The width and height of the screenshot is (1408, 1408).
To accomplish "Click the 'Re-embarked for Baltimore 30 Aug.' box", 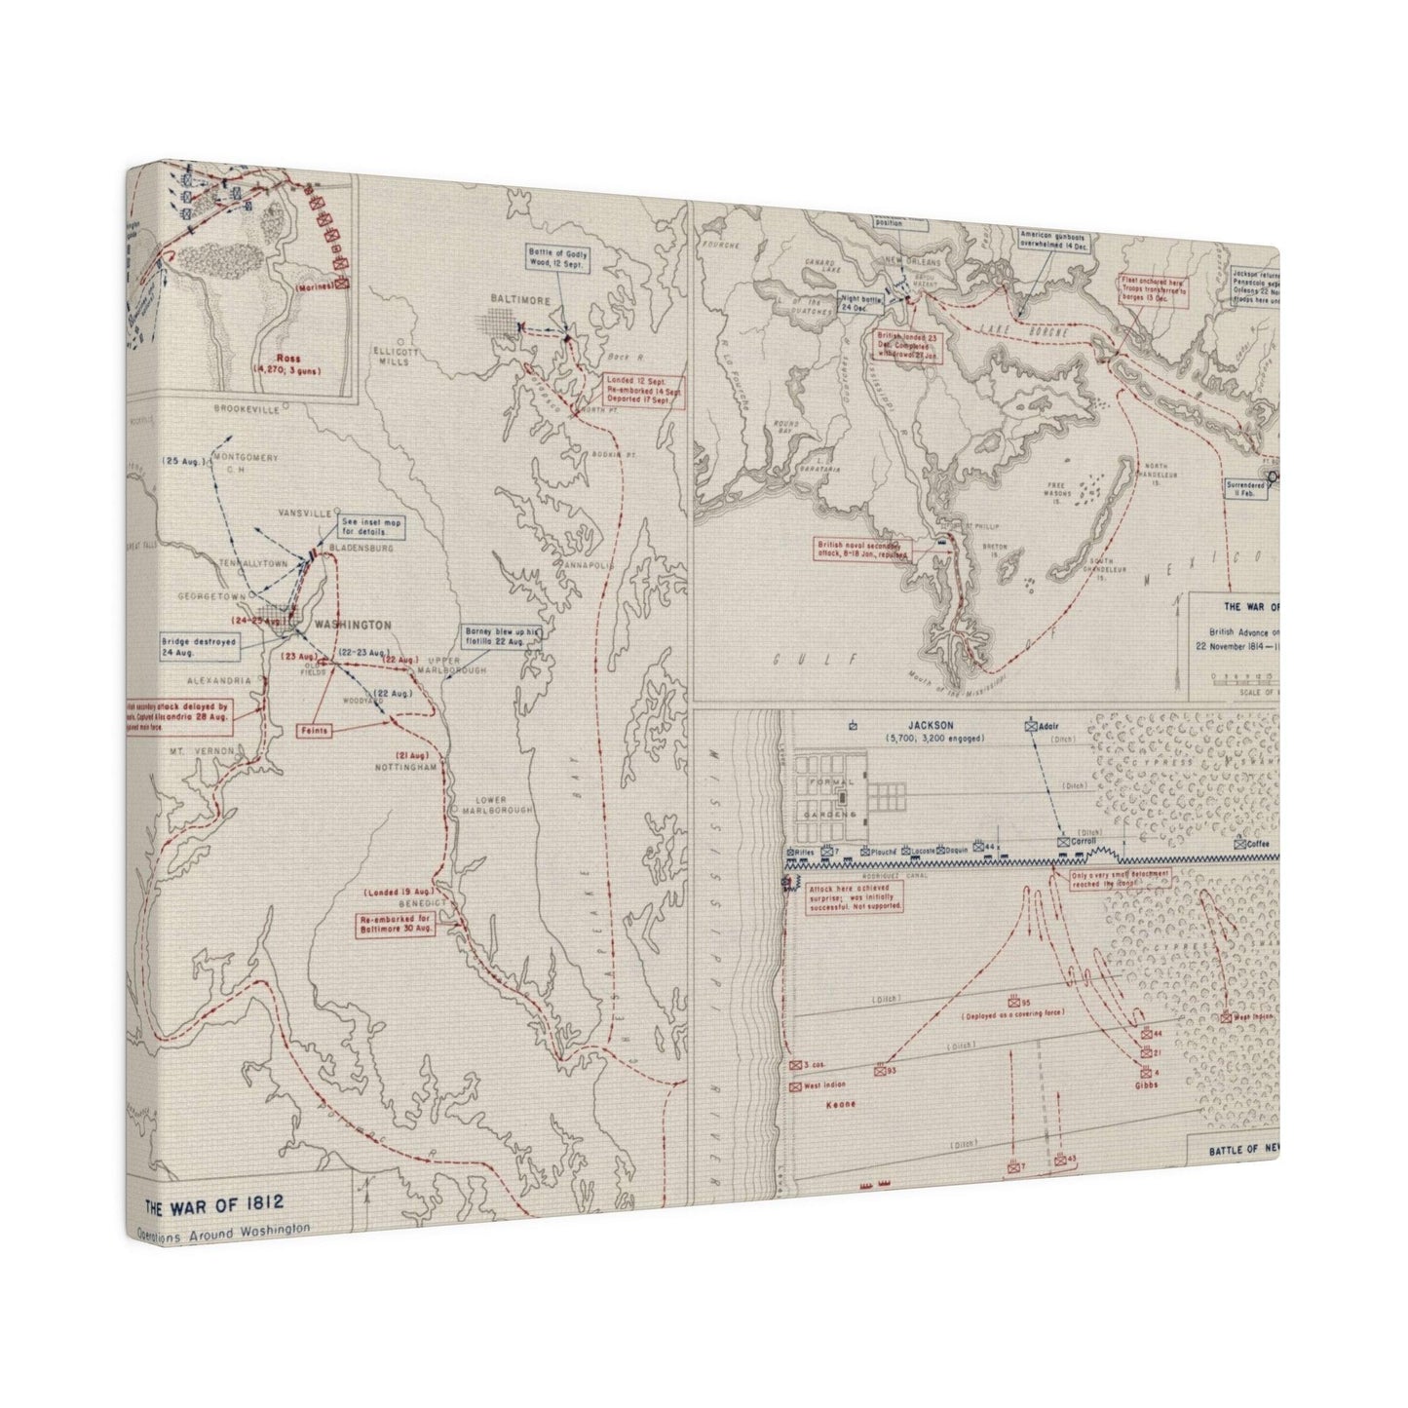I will tap(397, 925).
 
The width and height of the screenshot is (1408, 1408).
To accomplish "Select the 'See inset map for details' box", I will tap(370, 530).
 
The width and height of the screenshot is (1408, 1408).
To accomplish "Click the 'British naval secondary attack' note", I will tap(864, 551).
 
